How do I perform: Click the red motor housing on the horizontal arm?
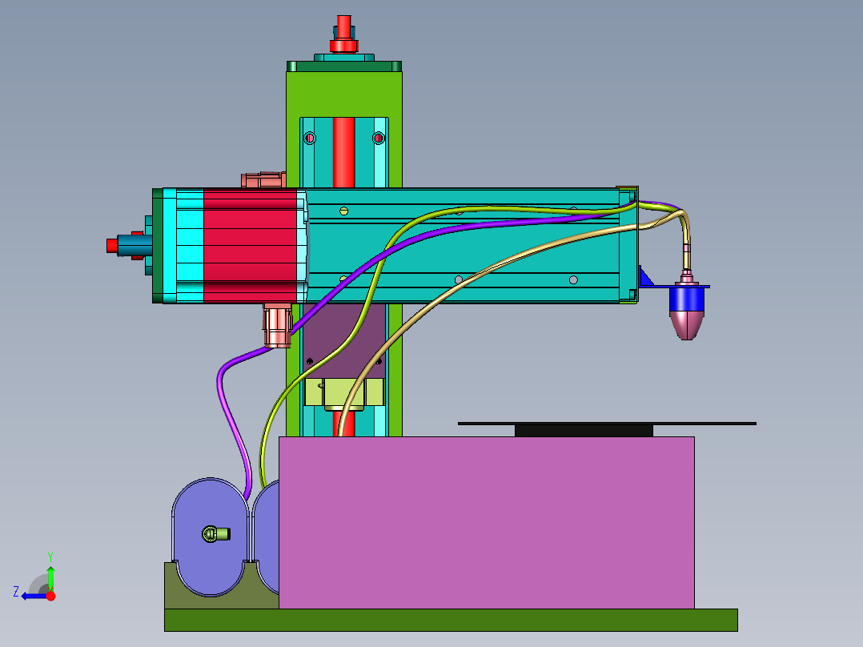point(248,245)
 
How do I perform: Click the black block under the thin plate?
point(583,431)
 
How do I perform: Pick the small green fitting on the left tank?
point(215,533)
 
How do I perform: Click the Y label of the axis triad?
point(50,556)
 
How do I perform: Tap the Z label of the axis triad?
point(16,592)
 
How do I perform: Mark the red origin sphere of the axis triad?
point(50,596)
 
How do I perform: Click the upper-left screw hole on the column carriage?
point(311,139)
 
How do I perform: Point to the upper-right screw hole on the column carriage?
point(379,139)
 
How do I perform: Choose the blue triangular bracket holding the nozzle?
point(646,279)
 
